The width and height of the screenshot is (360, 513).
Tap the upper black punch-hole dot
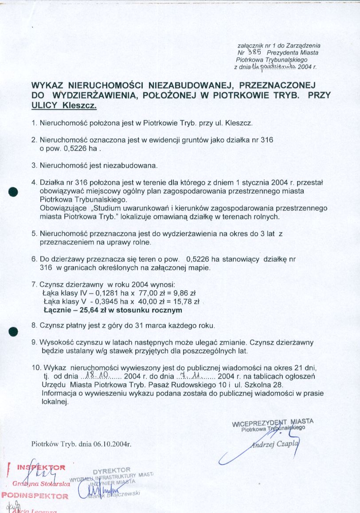(13, 191)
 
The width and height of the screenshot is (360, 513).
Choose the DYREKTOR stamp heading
(112, 470)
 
